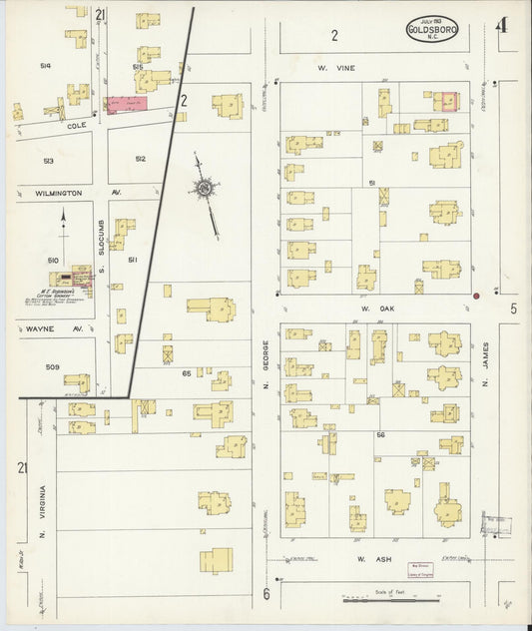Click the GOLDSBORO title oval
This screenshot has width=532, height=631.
click(431, 30)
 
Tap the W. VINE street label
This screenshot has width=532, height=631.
click(329, 68)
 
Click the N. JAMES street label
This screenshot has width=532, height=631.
click(486, 369)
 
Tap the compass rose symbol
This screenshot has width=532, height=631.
click(205, 188)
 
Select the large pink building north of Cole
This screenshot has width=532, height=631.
click(127, 103)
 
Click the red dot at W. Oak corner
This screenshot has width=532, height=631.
click(477, 296)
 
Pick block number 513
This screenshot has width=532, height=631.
click(48, 161)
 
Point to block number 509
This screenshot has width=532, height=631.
click(52, 367)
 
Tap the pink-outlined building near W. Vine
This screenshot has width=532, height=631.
click(445, 101)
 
